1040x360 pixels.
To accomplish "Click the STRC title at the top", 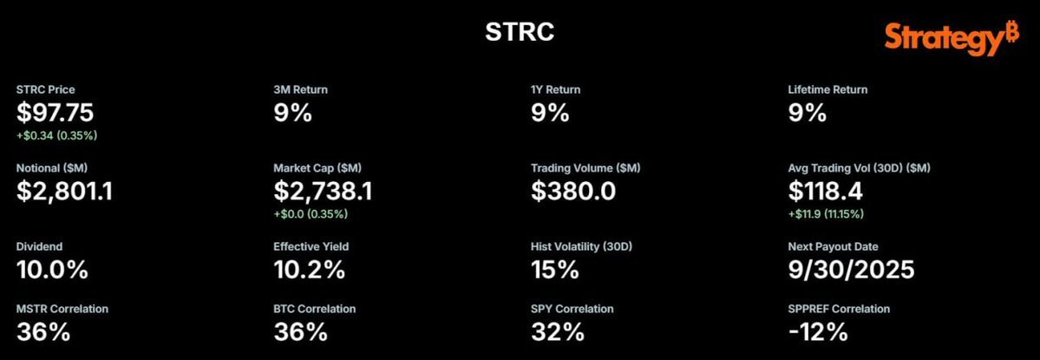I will coord(520,33).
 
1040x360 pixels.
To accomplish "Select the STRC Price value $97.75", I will coord(56,112).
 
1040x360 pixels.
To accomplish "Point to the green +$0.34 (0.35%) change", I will coord(56,135).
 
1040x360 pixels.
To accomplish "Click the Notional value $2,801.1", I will coord(65,190).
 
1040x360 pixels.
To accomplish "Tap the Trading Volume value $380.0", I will coord(573,190).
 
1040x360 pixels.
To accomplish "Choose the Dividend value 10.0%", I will coord(52,269).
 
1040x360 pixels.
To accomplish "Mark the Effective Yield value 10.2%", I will coord(309,269).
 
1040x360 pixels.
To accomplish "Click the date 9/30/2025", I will coord(851,269).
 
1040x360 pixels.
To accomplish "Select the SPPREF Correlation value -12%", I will coord(817,331).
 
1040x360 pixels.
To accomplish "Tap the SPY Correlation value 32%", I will coord(556,331).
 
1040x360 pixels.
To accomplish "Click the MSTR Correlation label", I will coord(63,309).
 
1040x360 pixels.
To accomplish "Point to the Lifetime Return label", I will coord(827,89).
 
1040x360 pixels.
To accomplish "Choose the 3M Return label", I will coord(301,89).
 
